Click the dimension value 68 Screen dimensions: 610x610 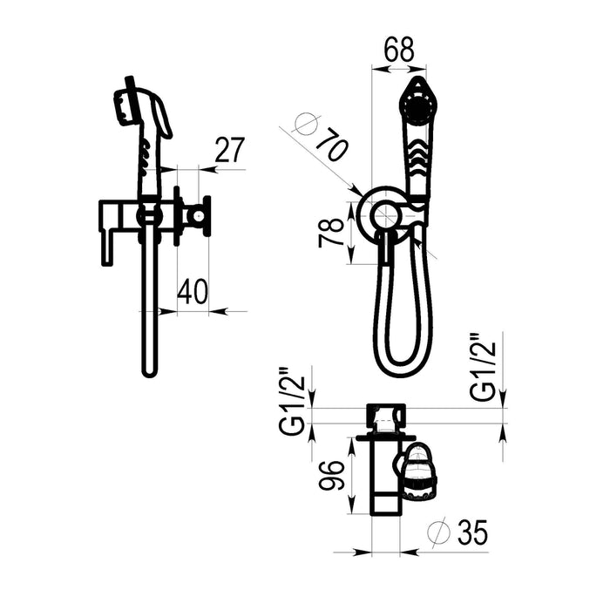(399, 50)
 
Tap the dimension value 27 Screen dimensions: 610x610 (229, 150)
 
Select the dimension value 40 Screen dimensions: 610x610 (193, 291)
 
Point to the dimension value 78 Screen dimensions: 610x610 (331, 233)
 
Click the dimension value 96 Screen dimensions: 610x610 (331, 476)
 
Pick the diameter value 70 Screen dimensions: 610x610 (331, 144)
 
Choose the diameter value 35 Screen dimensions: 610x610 (472, 533)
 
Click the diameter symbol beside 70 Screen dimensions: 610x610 (305, 125)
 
